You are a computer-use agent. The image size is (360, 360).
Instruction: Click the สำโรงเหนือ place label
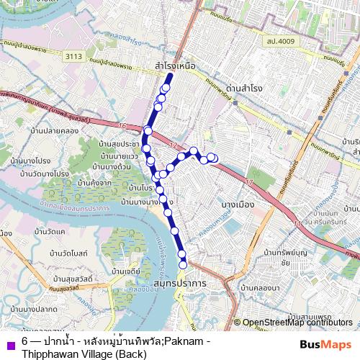[175, 65]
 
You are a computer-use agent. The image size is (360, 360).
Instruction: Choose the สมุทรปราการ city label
[180, 284]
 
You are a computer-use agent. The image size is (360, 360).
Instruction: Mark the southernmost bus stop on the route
[183, 264]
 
